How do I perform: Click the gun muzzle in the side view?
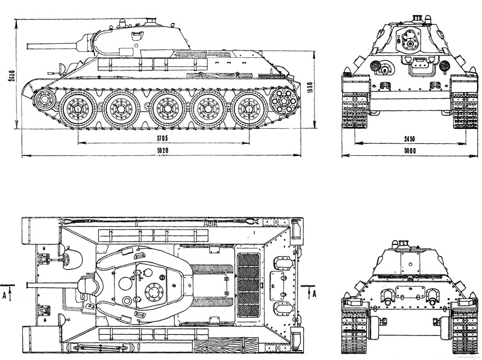click(x=28, y=44)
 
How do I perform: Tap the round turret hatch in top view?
click(x=155, y=293)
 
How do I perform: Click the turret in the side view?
click(x=133, y=39)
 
